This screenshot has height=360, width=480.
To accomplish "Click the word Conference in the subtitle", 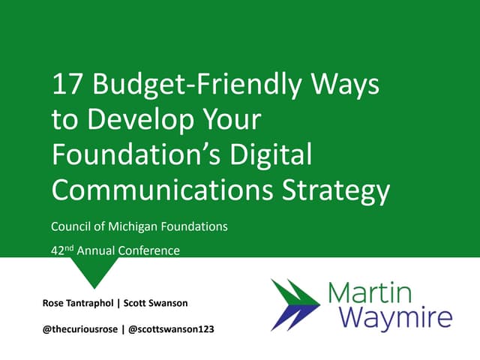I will (153, 250).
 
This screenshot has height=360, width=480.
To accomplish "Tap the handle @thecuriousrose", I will (80, 328).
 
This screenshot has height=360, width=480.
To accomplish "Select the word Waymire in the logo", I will (396, 318).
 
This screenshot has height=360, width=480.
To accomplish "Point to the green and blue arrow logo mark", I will (296, 304).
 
